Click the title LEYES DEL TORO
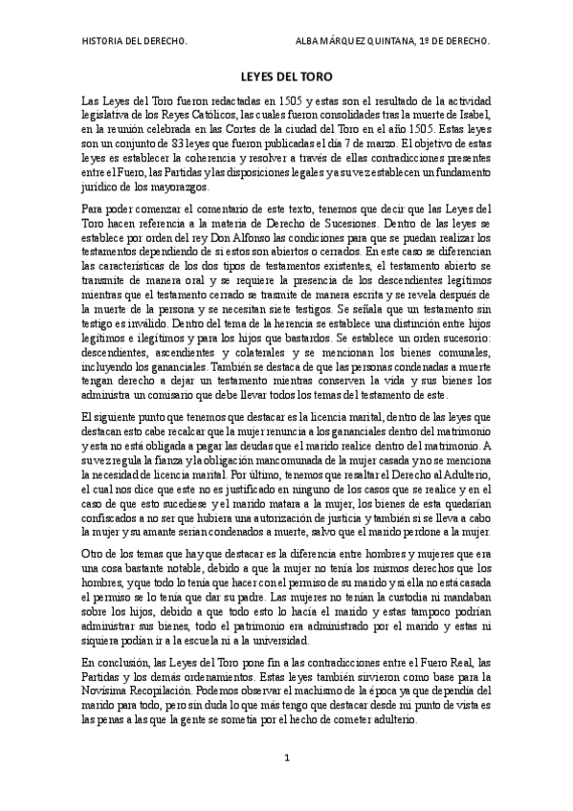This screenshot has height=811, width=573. pyautogui.click(x=286, y=83)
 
